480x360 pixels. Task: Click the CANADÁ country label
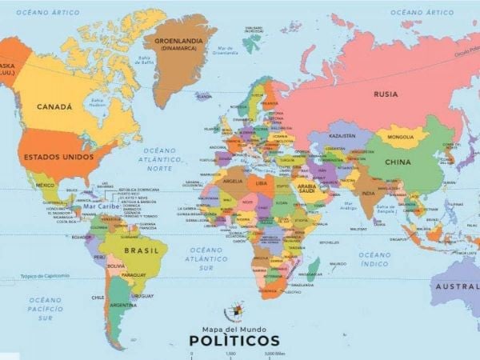(x=54, y=106)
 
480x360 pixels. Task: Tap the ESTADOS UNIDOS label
(x=58, y=156)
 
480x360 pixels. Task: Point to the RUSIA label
(x=386, y=94)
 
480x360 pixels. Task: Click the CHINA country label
(x=398, y=162)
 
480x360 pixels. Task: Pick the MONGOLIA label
(x=401, y=137)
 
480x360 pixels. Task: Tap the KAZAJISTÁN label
(x=342, y=136)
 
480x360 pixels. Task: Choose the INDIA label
(x=368, y=193)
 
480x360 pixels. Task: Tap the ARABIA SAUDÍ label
(x=307, y=188)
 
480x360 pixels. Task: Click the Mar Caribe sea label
(x=101, y=206)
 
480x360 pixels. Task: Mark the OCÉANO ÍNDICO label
(x=374, y=259)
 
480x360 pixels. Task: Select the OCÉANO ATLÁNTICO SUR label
(x=207, y=258)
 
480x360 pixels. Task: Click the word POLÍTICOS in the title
(x=235, y=341)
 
